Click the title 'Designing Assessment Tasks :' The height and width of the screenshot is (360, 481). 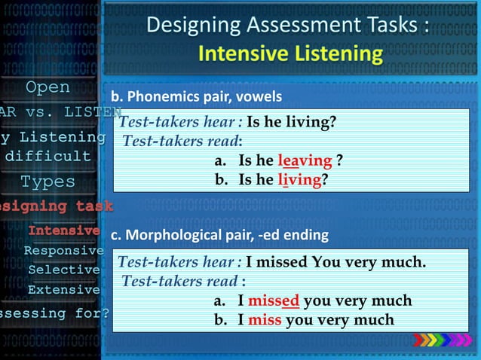point(289,25)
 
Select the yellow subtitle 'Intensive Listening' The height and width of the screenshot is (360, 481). point(290,54)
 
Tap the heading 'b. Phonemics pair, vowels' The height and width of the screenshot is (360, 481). point(197,97)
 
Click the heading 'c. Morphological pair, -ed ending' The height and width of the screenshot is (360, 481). point(219,236)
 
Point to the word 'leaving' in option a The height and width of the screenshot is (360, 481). point(305,160)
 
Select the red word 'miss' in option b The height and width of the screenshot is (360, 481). point(265,320)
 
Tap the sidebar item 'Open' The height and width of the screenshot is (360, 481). point(48,87)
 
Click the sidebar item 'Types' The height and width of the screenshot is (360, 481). point(47,182)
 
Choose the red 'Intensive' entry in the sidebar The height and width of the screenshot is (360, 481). point(64,230)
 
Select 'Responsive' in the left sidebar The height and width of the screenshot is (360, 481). point(63,250)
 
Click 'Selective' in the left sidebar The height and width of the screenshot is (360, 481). point(64,270)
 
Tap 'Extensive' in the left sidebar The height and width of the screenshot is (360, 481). point(64,289)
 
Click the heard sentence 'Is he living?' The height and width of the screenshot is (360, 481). point(291,122)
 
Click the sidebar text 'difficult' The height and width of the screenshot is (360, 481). point(48,157)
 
